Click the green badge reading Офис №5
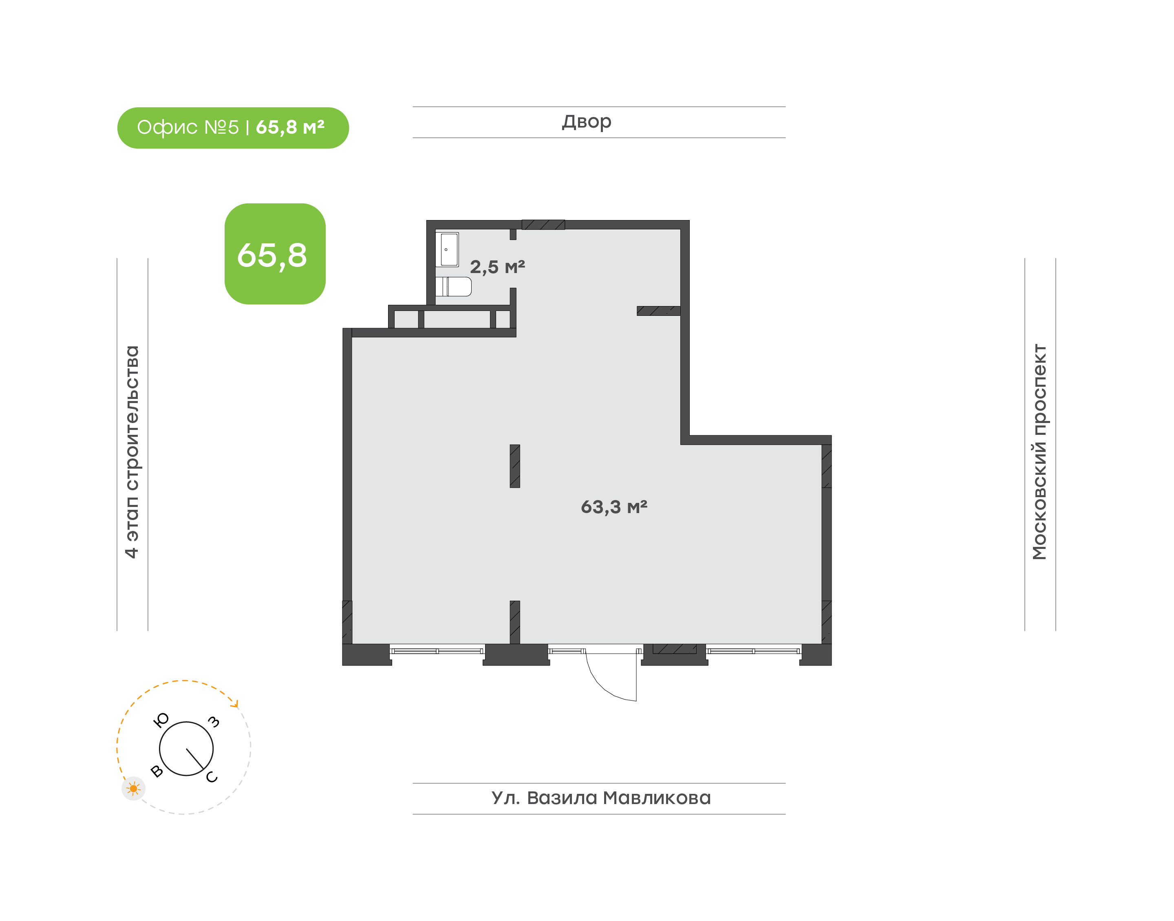point(233,128)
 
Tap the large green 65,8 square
point(275,253)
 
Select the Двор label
point(587,122)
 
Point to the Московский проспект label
point(1039,452)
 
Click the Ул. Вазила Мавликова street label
point(601,798)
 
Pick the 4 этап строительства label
point(132,452)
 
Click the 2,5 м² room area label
point(497,267)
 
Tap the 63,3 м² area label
point(613,507)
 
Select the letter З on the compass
point(214,722)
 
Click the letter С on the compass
point(212,777)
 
